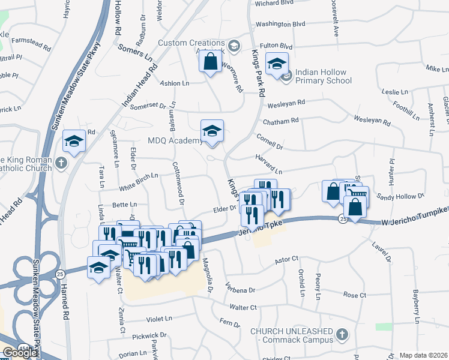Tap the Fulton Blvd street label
[x=276, y=46]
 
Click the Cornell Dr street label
[x=269, y=142]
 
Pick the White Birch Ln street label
[x=139, y=176]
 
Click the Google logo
[x=20, y=352]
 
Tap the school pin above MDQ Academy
[x=212, y=131]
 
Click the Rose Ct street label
[x=354, y=295]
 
